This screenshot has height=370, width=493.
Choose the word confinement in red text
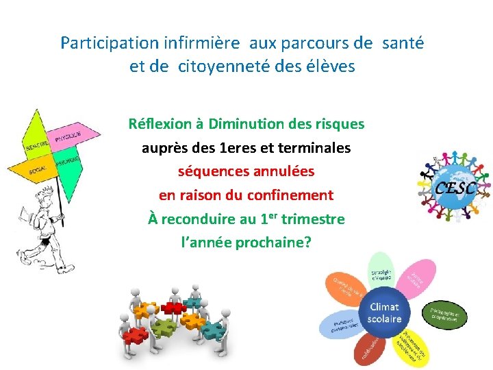[x=292, y=195]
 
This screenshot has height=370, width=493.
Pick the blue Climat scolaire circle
[x=384, y=312]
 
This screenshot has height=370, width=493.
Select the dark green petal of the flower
[x=444, y=314]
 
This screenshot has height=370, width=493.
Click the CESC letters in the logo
[x=456, y=186]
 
